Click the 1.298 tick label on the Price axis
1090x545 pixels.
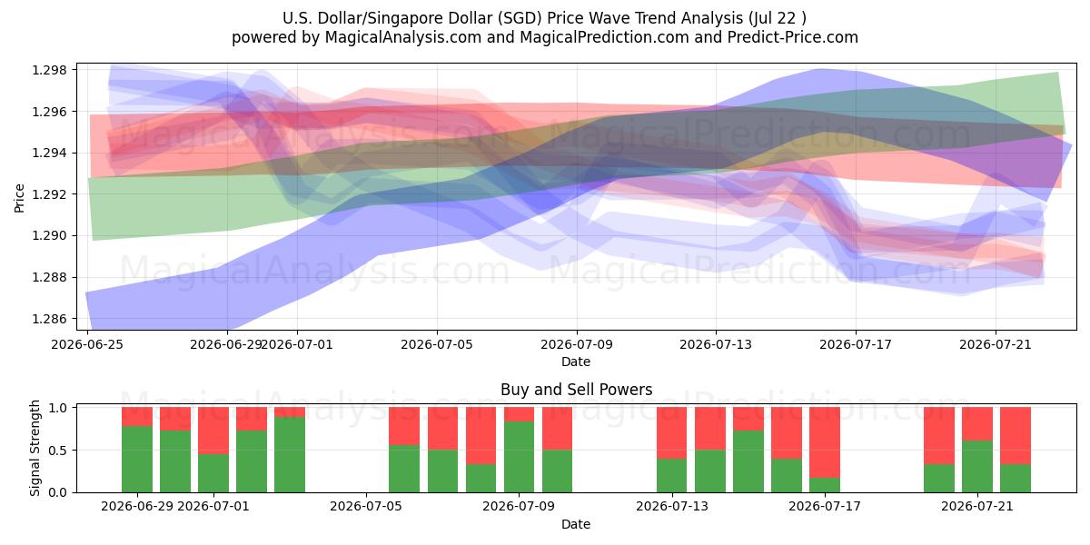[49, 70]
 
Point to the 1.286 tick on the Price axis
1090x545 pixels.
[49, 319]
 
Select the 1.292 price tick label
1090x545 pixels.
[49, 194]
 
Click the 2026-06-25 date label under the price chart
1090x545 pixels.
[87, 344]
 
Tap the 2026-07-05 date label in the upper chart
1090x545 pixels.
[437, 344]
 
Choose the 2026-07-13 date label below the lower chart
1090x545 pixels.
[672, 506]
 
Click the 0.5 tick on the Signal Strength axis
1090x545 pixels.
[58, 451]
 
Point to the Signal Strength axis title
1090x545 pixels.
[35, 448]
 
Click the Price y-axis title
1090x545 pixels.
[19, 198]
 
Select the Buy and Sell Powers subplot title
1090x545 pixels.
[576, 390]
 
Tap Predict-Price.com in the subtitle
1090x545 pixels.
[793, 37]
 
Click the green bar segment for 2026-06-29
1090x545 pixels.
[137, 459]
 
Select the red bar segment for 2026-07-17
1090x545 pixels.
[825, 442]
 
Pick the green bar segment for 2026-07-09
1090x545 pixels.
[519, 457]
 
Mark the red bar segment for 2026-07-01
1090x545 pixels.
[213, 431]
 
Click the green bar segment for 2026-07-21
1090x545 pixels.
[977, 467]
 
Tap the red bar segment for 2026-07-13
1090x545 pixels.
[671, 432]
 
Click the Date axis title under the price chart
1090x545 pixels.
[576, 362]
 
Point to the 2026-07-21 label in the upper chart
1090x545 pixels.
[996, 344]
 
